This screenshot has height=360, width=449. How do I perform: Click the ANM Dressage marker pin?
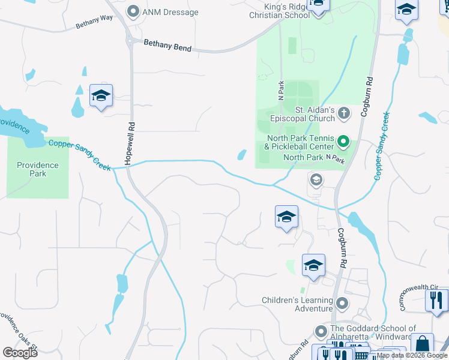tap(133, 11)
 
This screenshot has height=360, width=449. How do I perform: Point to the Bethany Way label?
tap(94, 22)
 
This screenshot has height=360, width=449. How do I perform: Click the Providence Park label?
tap(37, 169)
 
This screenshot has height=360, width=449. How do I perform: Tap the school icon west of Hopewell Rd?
tap(101, 96)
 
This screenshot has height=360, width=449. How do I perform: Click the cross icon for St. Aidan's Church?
tap(343, 112)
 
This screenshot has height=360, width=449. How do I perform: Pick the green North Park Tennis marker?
tap(343, 142)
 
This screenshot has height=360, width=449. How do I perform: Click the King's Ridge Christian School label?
tap(280, 10)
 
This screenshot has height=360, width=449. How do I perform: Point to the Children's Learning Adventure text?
tap(297, 304)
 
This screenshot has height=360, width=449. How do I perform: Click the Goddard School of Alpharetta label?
tap(372, 332)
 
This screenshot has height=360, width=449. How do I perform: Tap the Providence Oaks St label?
tap(18, 331)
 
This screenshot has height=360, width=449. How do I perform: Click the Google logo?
tap(20, 352)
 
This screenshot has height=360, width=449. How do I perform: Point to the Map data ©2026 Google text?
tap(412, 355)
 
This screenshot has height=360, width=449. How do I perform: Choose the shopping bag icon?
tap(422, 344)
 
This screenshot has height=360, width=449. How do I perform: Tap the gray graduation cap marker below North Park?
tap(316, 179)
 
